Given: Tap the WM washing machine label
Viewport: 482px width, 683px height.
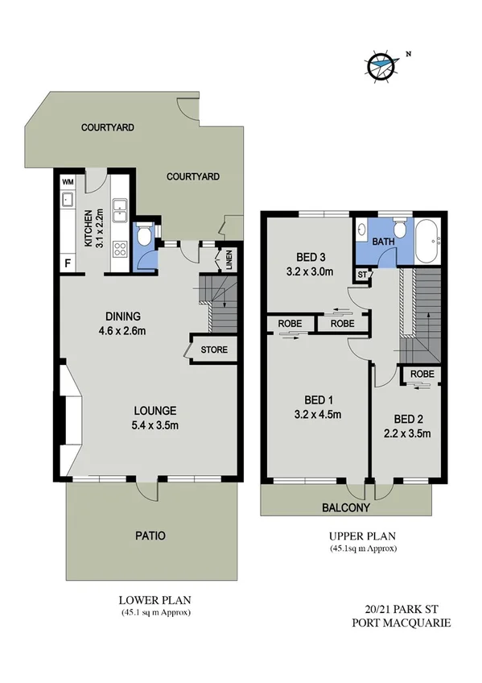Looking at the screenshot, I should pyautogui.click(x=68, y=182).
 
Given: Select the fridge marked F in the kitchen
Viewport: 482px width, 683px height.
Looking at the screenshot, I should pyautogui.click(x=68, y=263).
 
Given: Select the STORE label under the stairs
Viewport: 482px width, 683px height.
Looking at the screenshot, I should pyautogui.click(x=214, y=350).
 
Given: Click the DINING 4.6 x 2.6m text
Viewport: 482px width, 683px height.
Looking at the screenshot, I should pyautogui.click(x=123, y=322).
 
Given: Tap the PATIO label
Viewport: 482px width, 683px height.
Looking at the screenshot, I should pyautogui.click(x=150, y=535).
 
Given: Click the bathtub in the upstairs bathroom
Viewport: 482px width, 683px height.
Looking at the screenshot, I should pyautogui.click(x=428, y=239).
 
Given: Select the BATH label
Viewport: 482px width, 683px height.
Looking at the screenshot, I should pyautogui.click(x=381, y=241).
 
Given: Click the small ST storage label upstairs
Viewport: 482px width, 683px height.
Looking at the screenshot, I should pyautogui.click(x=362, y=275).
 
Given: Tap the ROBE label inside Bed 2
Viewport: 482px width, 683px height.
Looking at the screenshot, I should pyautogui.click(x=422, y=374).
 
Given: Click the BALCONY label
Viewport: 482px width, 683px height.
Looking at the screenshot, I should pyautogui.click(x=346, y=507).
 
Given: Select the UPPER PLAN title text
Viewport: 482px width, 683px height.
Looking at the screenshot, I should pyautogui.click(x=362, y=536).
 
